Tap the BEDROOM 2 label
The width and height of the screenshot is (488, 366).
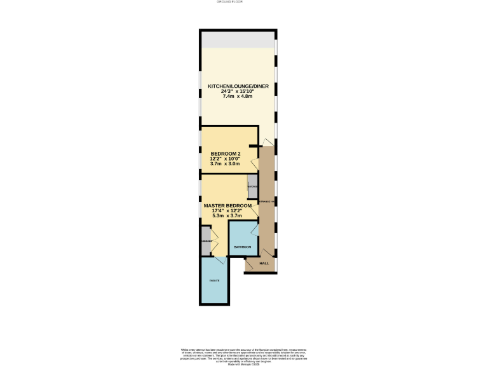[226, 154]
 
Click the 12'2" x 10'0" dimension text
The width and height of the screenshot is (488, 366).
[226, 159]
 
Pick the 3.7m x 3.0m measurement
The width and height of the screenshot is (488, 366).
[226, 164]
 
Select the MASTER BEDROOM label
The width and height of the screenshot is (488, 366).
[227, 206]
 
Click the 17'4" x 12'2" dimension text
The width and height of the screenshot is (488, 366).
[227, 211]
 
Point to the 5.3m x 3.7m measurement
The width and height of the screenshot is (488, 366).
[227, 216]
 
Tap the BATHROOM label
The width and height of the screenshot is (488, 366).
[243, 247]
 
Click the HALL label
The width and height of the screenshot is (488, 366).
[264, 262]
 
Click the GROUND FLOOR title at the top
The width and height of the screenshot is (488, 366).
[243, 2]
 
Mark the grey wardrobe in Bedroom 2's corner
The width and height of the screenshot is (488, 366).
[252, 186]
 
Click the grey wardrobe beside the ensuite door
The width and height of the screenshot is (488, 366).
[206, 241]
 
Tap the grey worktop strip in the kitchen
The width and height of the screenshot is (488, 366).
[238, 39]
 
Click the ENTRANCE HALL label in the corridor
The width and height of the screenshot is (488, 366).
[267, 201]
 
